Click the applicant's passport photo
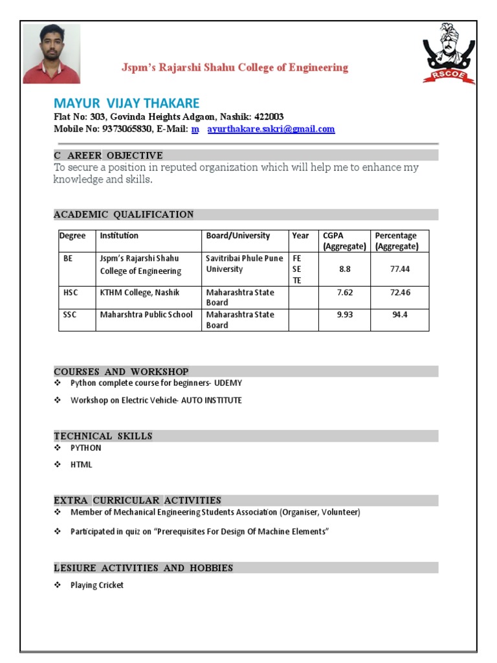[x=52, y=54]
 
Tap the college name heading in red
[x=236, y=68]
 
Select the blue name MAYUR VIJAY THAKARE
[x=126, y=104]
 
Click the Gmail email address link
[x=271, y=129]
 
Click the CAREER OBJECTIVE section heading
[x=108, y=155]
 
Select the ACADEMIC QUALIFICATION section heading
[x=124, y=214]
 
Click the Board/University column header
[x=237, y=236]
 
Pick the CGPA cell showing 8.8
[x=344, y=269]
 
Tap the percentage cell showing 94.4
[x=400, y=315]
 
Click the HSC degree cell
[x=70, y=293]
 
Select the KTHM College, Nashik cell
[x=139, y=293]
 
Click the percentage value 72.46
[x=400, y=293]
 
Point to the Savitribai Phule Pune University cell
[x=244, y=264]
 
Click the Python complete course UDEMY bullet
[x=156, y=383]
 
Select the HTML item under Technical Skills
[x=82, y=465]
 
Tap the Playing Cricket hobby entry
[x=97, y=585]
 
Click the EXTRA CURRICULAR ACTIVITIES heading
[x=137, y=500]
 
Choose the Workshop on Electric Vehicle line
[x=156, y=400]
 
